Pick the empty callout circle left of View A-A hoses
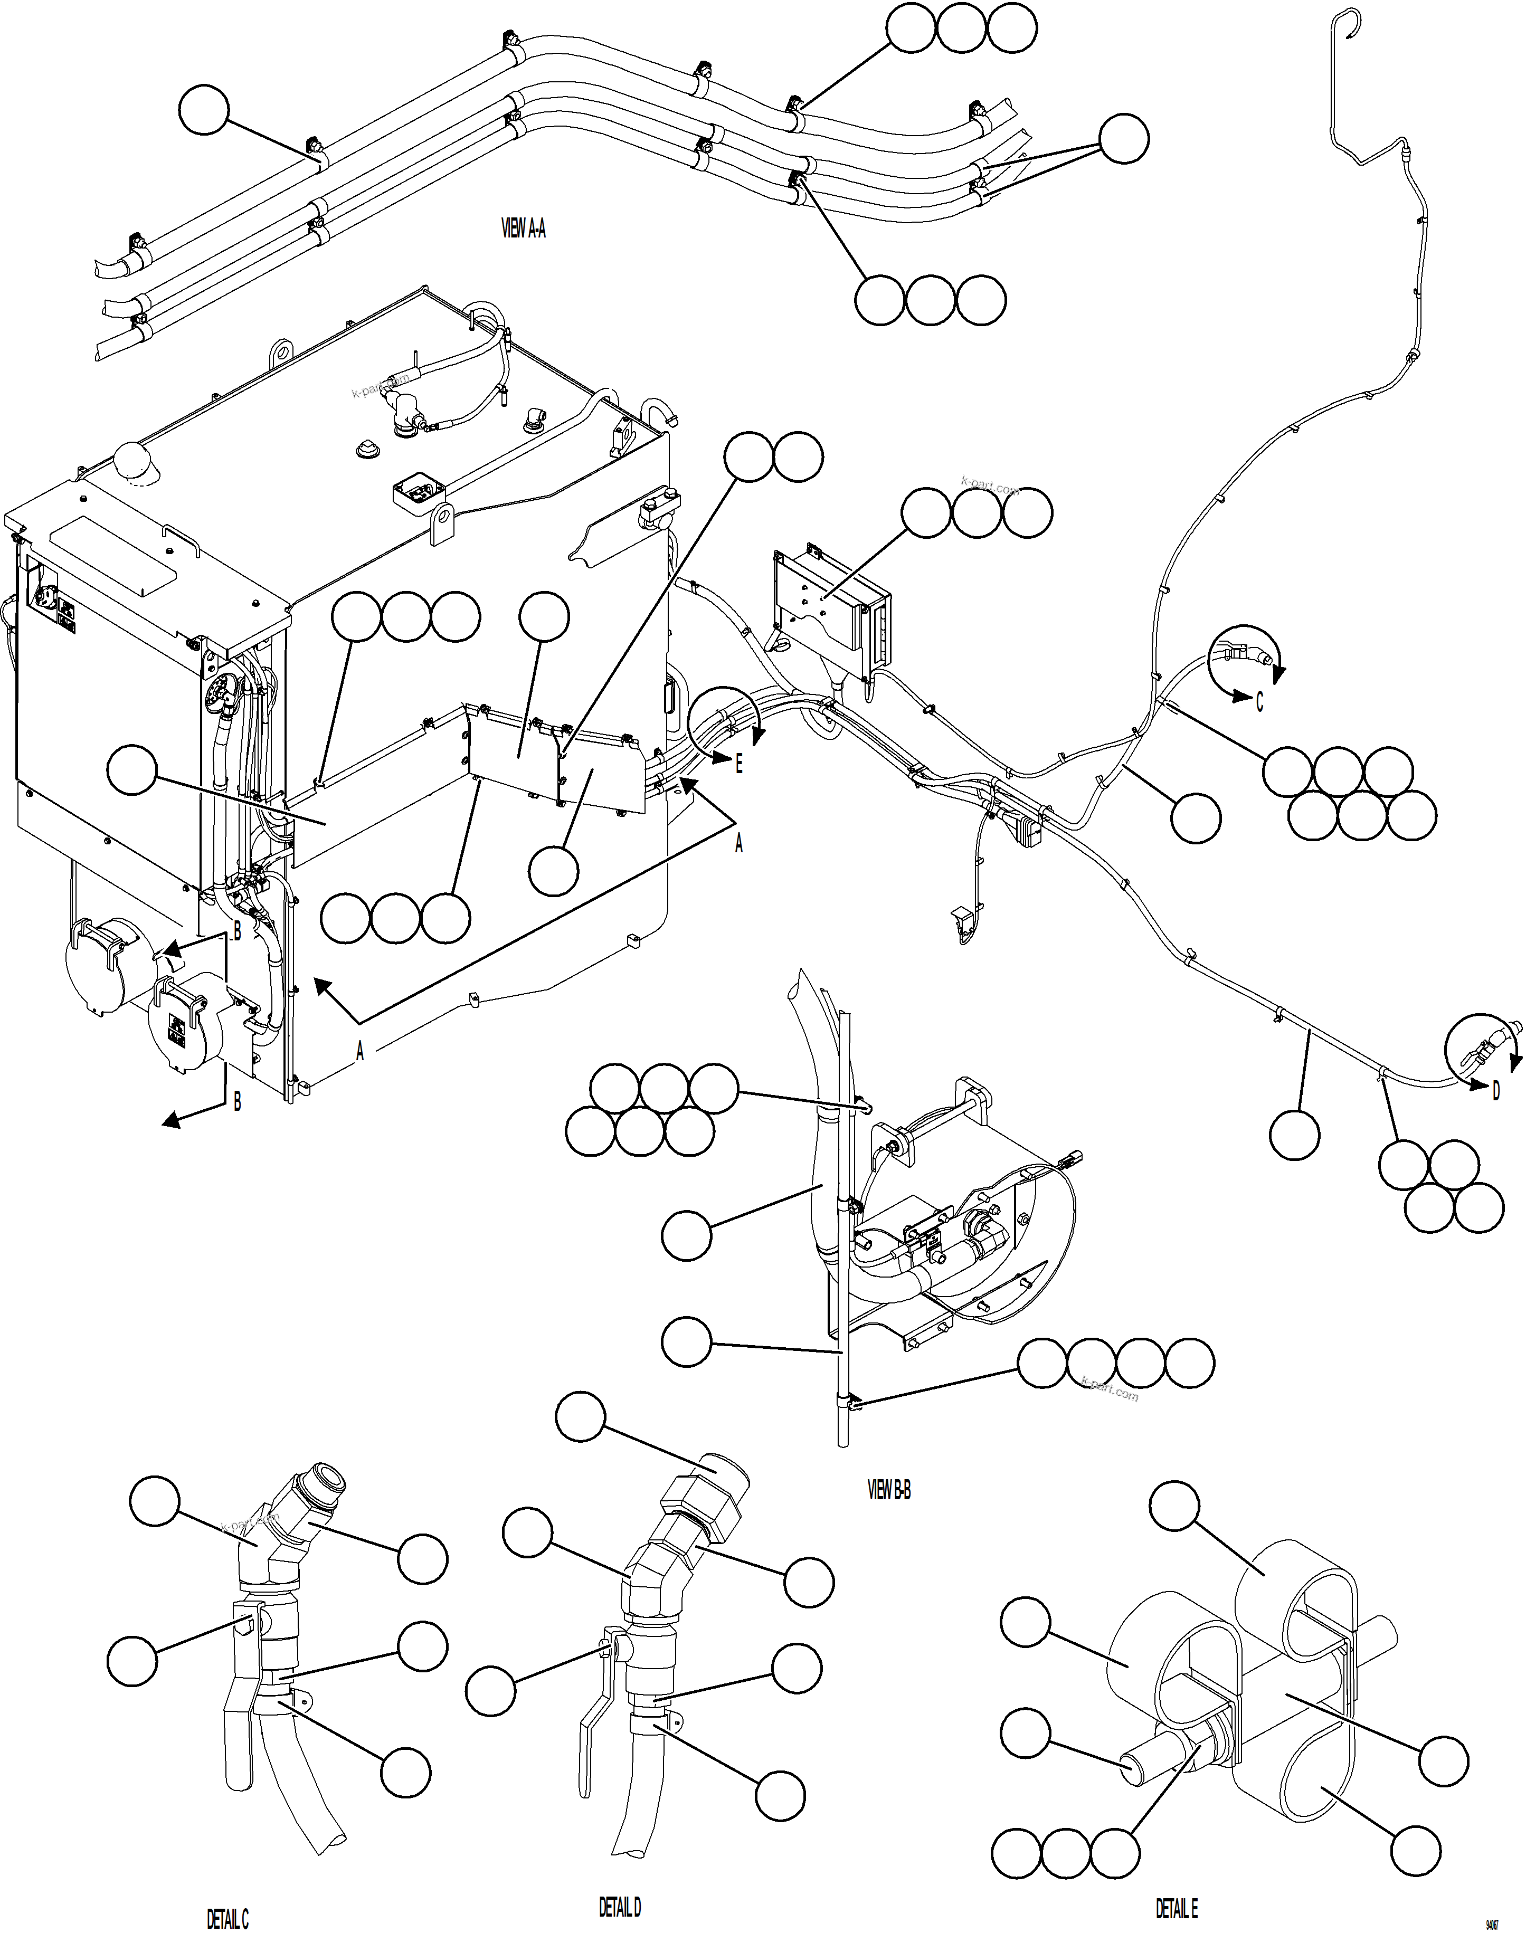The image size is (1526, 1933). pyautogui.click(x=204, y=110)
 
